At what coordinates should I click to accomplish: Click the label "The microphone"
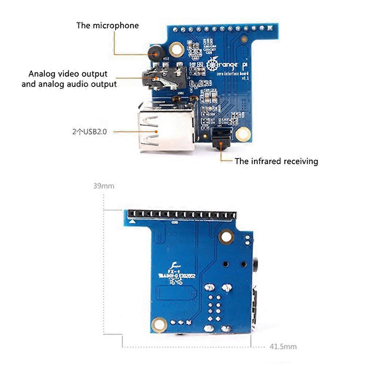pyautogui.click(x=107, y=26)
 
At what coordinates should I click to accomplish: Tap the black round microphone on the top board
pyautogui.click(x=155, y=53)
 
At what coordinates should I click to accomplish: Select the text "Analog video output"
pyautogui.click(x=68, y=74)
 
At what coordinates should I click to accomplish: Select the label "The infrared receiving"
pyautogui.click(x=276, y=161)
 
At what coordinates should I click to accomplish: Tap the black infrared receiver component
pyautogui.click(x=221, y=139)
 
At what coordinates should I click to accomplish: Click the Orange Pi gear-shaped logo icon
pyautogui.click(x=212, y=65)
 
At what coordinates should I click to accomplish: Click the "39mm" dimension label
pyautogui.click(x=104, y=186)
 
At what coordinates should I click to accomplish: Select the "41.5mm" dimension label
pyautogui.click(x=283, y=346)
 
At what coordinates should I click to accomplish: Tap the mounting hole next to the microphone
pyautogui.click(x=177, y=49)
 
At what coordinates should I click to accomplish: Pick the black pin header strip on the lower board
pyautogui.click(x=181, y=214)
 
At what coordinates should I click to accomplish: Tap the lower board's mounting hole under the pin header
pyautogui.click(x=226, y=236)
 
